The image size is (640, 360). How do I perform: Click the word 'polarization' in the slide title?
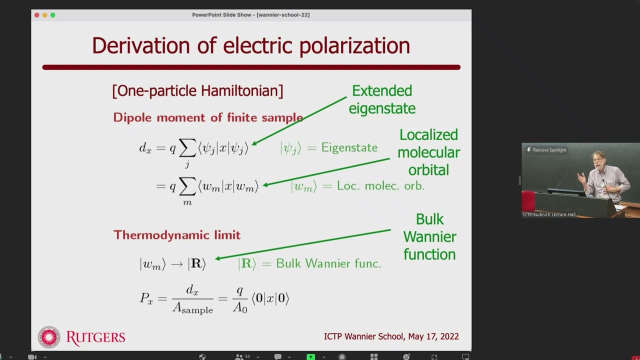click(354, 45)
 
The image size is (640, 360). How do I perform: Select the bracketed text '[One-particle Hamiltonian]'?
click(197, 90)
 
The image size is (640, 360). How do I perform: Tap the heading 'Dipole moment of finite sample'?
click(208, 117)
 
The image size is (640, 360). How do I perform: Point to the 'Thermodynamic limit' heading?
click(177, 235)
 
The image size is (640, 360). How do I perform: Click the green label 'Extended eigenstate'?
click(382, 99)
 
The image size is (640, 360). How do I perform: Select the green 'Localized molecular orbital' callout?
click(428, 152)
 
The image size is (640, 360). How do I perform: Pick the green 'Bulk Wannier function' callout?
click(429, 237)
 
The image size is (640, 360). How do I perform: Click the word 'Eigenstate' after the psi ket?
click(349, 147)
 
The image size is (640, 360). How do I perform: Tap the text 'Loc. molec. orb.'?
click(380, 185)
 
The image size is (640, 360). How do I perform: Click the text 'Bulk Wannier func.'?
click(328, 263)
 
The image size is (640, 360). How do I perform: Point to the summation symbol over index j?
click(187, 147)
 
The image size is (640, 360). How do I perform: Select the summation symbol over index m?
click(187, 186)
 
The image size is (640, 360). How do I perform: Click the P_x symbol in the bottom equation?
click(146, 298)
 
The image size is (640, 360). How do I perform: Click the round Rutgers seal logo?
click(49, 337)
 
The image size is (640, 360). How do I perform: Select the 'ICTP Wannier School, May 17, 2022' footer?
click(391, 336)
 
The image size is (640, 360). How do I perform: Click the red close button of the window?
click(37, 15)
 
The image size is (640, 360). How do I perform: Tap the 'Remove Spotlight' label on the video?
click(549, 150)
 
